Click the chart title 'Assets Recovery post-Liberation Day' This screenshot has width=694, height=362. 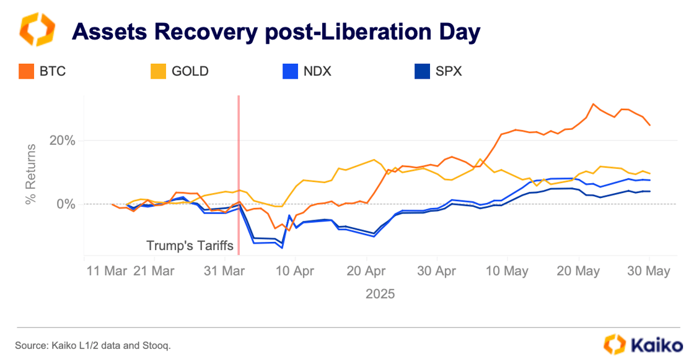pyautogui.click(x=276, y=31)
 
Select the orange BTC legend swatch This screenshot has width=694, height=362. pyautogui.click(x=26, y=71)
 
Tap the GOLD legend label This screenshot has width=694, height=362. pyautogui.click(x=190, y=71)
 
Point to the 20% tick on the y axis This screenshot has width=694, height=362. pyautogui.click(x=62, y=140)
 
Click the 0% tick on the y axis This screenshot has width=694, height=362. pyautogui.click(x=66, y=204)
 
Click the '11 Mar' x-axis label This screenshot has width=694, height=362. pyautogui.click(x=107, y=272)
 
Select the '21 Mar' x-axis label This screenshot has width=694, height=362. pyautogui.click(x=155, y=272)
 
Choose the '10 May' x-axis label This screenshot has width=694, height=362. pyautogui.click(x=507, y=272)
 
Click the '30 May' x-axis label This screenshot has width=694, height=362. pyautogui.click(x=649, y=272)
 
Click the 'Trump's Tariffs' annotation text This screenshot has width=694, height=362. pyautogui.click(x=190, y=246)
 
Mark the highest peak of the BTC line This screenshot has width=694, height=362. pyautogui.click(x=593, y=104)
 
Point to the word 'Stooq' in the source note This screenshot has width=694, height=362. pyautogui.click(x=156, y=345)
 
